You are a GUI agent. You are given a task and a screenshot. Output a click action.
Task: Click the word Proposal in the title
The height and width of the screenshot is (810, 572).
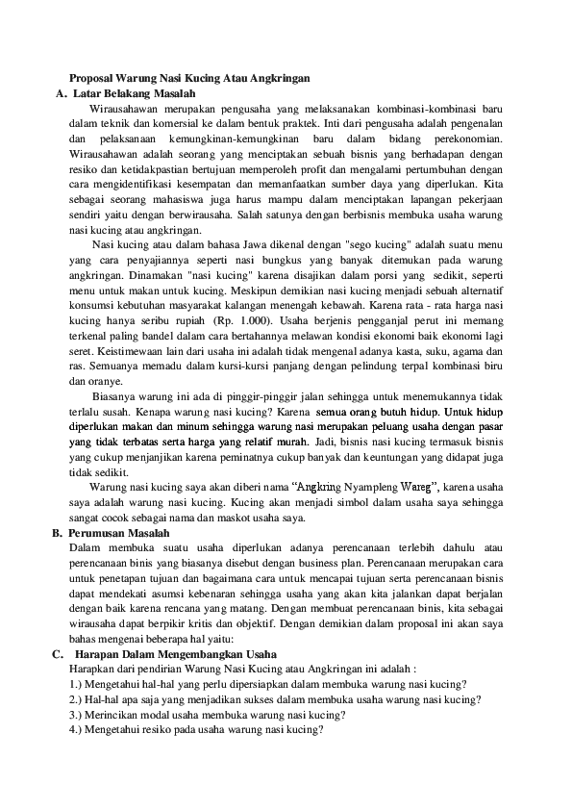point(93,78)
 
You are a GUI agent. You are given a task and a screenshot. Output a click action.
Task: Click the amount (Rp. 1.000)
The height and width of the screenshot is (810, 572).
point(239,320)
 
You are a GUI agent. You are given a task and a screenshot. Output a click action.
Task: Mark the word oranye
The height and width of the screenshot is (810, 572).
point(89,381)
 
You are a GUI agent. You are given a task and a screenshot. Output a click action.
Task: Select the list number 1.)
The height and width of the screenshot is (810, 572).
point(80,684)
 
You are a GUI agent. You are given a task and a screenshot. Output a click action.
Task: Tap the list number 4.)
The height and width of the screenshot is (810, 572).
point(80,730)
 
